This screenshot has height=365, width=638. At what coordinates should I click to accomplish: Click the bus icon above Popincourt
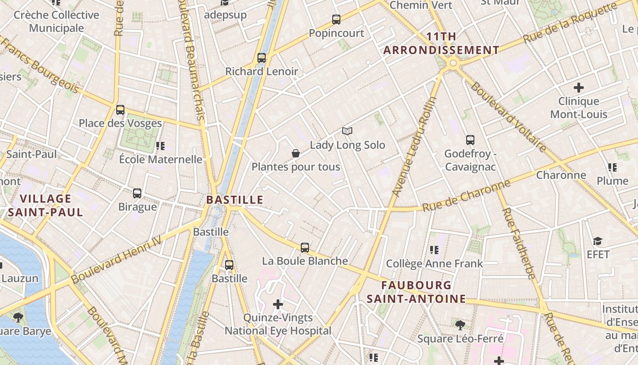[x=336, y=20]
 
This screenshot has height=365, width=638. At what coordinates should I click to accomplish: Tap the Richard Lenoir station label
[x=262, y=72]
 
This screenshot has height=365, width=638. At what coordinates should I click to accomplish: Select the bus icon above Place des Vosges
[x=120, y=110]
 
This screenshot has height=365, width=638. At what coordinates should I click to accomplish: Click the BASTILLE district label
[x=235, y=200]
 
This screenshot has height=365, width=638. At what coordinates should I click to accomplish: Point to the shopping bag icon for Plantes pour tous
[x=296, y=153]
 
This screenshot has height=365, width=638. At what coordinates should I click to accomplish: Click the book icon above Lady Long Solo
[x=347, y=131]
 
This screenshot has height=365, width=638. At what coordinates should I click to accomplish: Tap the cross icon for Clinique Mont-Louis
[x=579, y=87]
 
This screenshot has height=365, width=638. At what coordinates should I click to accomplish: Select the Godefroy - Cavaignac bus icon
[x=470, y=140]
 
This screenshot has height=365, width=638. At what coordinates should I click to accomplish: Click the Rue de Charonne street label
[x=466, y=196]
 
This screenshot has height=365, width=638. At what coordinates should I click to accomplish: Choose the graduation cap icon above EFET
[x=597, y=241]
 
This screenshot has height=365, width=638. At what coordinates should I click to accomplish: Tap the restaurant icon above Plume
[x=612, y=167]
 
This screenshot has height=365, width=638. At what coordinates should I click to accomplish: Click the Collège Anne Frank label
[x=434, y=264]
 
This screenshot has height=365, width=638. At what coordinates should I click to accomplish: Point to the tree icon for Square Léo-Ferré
[x=460, y=325]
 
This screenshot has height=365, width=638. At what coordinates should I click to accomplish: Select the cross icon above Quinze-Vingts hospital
[x=278, y=304]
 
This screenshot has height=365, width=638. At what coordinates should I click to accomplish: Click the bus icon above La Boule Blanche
[x=305, y=248]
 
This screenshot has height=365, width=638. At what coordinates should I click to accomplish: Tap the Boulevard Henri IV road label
[x=117, y=259]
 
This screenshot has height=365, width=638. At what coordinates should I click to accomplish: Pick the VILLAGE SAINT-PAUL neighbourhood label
[x=46, y=205]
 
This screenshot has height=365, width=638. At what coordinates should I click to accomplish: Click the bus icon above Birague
[x=137, y=193]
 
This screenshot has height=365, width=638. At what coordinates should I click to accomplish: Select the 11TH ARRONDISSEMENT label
[x=441, y=43]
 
